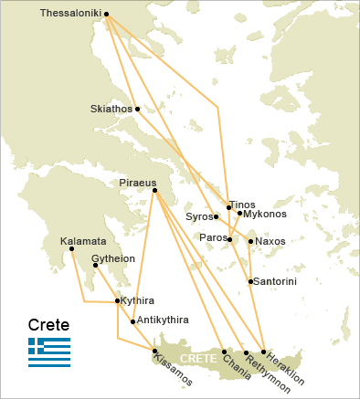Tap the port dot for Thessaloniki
[107, 15]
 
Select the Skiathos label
[111, 109]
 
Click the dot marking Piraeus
[154, 190]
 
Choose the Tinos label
[243, 204]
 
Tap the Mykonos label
[266, 214]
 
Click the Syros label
[198, 216]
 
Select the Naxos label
[270, 241]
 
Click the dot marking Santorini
[250, 281]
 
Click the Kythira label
[138, 300]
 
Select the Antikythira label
[163, 320]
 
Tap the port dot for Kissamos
[155, 351]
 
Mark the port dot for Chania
[224, 352]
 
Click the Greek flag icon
[49, 352]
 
